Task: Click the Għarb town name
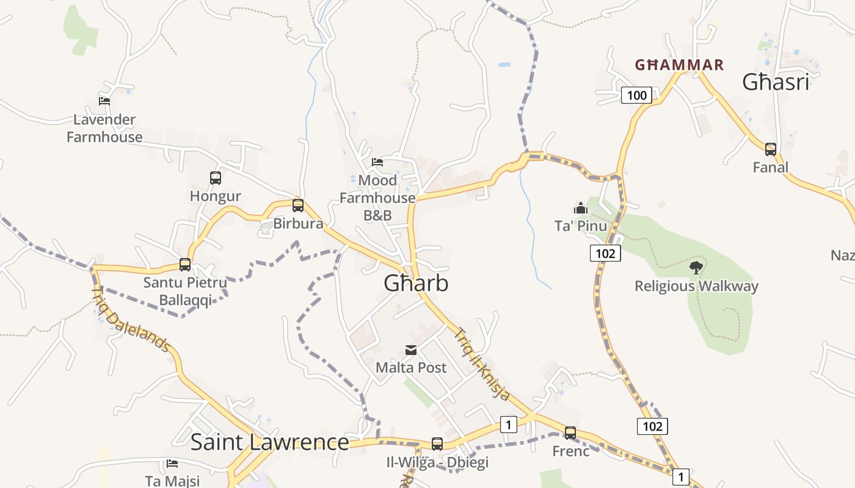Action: (x=416, y=283)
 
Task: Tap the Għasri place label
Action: (x=776, y=82)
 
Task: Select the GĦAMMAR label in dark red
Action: (x=679, y=65)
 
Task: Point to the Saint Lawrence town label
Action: (x=269, y=442)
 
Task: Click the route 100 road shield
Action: (x=636, y=95)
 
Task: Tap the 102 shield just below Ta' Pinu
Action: (x=605, y=253)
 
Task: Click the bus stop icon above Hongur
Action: (x=216, y=178)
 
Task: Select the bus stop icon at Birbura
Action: (x=298, y=206)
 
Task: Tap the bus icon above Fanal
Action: (x=771, y=149)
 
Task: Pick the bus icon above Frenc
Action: (x=570, y=433)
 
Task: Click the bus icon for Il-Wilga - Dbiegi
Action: (x=437, y=444)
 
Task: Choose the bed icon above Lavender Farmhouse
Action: (x=104, y=101)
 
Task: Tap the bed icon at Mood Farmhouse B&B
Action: (x=377, y=162)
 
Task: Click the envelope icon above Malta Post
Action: (x=411, y=350)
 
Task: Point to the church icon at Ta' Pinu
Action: (x=580, y=208)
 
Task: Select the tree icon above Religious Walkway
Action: (x=696, y=267)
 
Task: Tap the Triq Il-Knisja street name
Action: (x=482, y=364)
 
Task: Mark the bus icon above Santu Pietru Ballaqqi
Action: (x=185, y=265)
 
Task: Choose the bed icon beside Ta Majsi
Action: (x=172, y=464)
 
